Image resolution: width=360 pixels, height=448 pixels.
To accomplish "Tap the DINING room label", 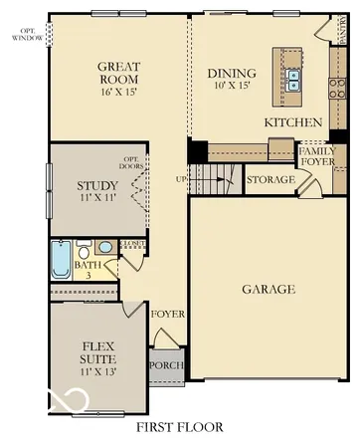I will [x=231, y=73].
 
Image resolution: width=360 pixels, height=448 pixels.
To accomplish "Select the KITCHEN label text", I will [x=292, y=121].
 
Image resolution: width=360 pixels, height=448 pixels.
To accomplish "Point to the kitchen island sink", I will [x=293, y=79].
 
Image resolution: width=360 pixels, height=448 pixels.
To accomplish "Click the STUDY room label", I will [x=96, y=185].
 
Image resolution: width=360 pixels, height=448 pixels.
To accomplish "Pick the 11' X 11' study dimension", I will [x=96, y=198].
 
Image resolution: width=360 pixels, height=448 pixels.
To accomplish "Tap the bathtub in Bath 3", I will [x=60, y=261].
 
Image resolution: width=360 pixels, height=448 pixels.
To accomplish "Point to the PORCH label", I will [x=165, y=365].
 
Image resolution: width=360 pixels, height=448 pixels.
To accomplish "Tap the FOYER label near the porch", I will [x=168, y=315].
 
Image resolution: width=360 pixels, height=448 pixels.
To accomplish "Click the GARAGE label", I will [x=269, y=290].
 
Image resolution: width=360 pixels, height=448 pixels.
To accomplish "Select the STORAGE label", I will [x=270, y=180].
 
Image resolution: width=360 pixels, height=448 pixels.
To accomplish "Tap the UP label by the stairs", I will [x=180, y=179].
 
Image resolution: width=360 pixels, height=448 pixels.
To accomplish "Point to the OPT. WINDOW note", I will [x=28, y=33].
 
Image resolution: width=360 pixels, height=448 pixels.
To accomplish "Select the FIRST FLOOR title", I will [x=179, y=427].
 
